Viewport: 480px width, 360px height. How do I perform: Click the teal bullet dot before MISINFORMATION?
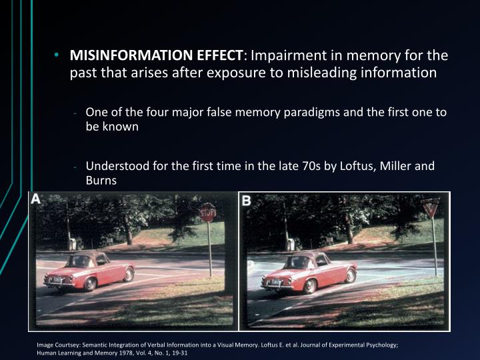pyautogui.click(x=58, y=55)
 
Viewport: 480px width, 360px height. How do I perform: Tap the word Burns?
pyautogui.click(x=101, y=180)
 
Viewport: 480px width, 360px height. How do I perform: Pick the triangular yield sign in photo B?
pyautogui.click(x=431, y=208)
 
